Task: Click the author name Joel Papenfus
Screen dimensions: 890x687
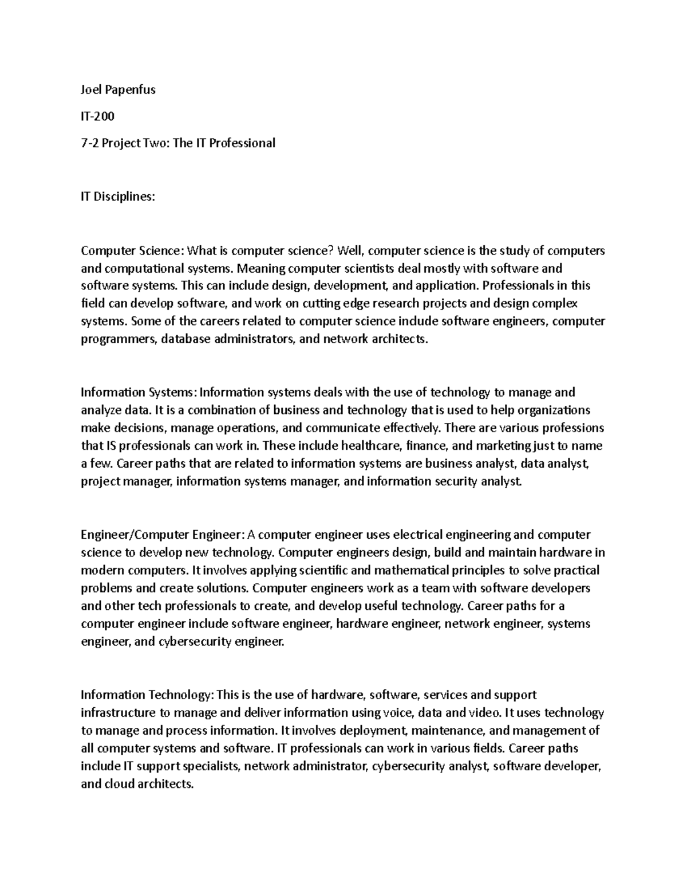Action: tap(118, 89)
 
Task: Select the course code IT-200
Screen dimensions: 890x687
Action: tap(97, 116)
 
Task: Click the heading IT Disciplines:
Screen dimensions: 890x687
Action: tap(118, 197)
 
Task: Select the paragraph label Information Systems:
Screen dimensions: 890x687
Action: tap(139, 393)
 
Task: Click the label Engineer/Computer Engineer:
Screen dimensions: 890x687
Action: tap(163, 535)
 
